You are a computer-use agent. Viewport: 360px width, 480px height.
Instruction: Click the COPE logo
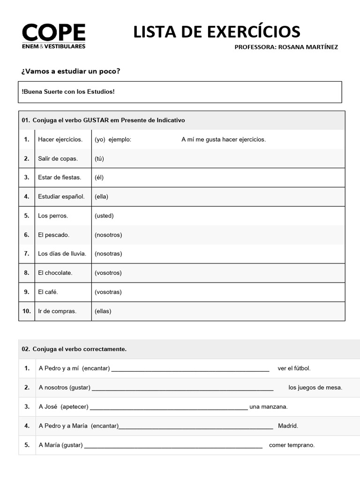point(53,36)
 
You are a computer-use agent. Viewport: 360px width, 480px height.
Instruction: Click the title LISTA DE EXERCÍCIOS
point(217,32)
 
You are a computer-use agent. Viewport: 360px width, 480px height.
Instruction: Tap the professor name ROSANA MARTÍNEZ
point(307,47)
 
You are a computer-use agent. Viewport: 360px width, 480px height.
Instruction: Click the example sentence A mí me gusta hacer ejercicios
point(223,139)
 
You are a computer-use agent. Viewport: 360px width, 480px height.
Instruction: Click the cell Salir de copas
point(58,158)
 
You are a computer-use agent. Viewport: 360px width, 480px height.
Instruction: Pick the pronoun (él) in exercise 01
point(99,177)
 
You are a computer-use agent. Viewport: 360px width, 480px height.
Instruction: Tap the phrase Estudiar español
point(61,196)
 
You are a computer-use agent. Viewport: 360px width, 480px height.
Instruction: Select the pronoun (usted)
point(104,216)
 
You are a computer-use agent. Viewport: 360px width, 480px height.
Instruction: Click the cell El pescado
point(53,235)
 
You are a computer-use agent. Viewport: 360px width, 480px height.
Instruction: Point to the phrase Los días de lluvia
point(62,254)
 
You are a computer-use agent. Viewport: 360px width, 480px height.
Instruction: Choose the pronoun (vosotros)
point(108,273)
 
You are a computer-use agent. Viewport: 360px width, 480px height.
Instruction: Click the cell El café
point(48,292)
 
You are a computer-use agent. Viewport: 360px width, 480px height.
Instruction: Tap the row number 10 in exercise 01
point(27,311)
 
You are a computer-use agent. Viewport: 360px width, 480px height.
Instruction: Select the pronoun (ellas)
point(103,311)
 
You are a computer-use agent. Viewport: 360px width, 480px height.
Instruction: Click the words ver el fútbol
point(294,368)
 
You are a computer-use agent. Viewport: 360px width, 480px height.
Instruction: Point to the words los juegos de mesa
point(315,388)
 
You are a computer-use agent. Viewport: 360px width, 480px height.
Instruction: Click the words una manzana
point(269,407)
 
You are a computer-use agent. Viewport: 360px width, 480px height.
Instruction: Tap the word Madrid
point(288,426)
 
